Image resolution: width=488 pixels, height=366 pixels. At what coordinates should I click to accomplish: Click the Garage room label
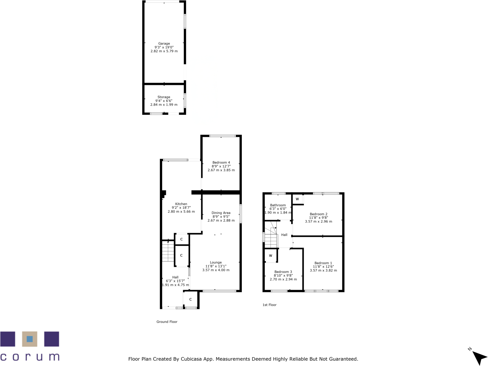[x=164, y=43]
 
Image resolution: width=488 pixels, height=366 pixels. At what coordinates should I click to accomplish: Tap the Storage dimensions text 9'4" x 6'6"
[x=164, y=101]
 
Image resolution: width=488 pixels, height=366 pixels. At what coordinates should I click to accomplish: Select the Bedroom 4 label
[x=221, y=162]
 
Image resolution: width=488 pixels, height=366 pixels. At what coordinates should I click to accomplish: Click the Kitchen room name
[x=181, y=204]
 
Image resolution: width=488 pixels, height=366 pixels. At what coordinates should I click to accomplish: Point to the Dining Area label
[x=221, y=213]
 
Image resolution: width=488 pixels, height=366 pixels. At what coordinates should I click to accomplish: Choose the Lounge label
[x=216, y=262]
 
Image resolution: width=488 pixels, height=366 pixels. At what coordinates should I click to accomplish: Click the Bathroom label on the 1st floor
[x=278, y=205]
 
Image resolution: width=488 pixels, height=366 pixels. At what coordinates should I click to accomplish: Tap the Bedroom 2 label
[x=318, y=214]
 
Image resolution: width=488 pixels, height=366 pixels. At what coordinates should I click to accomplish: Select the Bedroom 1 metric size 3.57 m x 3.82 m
[x=323, y=270]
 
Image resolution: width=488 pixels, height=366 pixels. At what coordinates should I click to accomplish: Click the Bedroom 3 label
[x=283, y=272]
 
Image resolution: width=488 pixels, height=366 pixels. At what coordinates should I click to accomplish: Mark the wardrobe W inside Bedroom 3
[x=270, y=256]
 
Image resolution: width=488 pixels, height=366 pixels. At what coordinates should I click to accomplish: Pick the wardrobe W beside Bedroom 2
[x=297, y=199]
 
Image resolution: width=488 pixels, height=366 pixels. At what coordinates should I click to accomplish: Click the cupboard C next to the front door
[x=190, y=299]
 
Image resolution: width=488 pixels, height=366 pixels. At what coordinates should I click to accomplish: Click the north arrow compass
[x=479, y=358]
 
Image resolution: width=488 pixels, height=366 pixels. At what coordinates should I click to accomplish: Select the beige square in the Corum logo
[x=29, y=339]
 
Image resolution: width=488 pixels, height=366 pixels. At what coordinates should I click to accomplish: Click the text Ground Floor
[x=167, y=322]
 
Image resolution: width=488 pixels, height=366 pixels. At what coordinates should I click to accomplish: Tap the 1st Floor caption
[x=269, y=305]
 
